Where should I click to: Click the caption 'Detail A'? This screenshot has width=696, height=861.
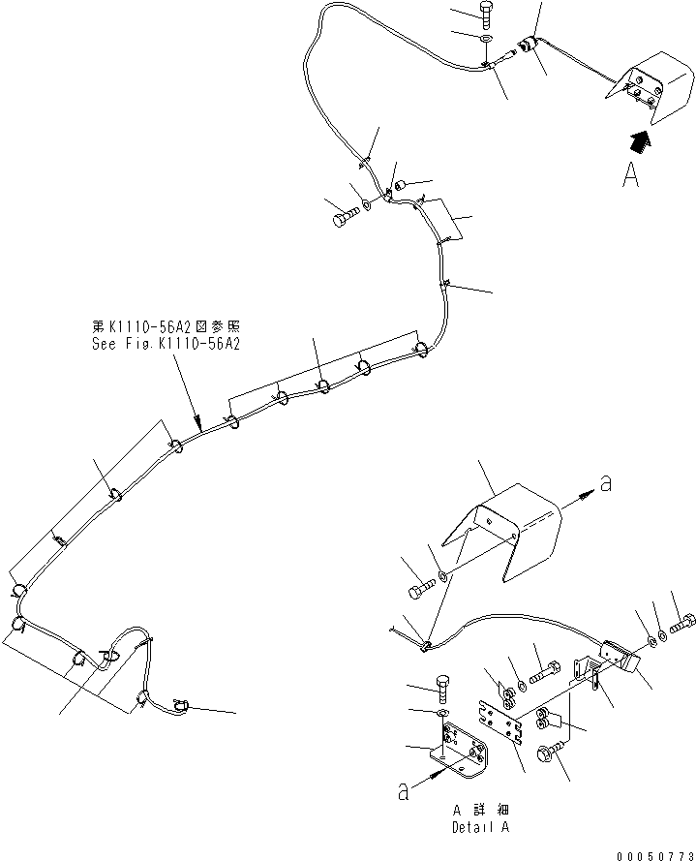[x=480, y=826]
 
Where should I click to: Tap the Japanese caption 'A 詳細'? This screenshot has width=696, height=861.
[x=480, y=810]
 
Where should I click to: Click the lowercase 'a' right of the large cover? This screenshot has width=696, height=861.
[x=605, y=484]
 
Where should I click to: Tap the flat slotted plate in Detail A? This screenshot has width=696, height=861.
[x=504, y=723]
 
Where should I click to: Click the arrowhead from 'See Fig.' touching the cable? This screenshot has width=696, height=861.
[x=198, y=425]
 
